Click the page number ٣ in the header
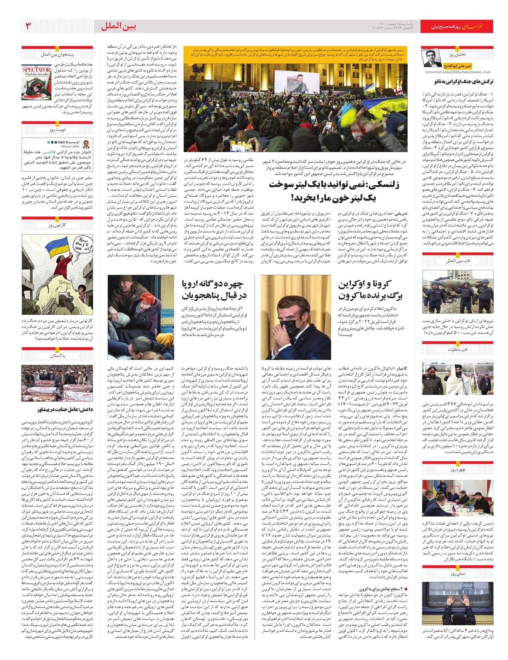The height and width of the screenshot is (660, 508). point(28,27)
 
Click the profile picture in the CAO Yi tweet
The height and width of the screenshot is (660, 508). point(87,144)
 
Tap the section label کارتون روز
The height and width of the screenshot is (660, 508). point(57,225)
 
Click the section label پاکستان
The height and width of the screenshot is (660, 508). point(57,356)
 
